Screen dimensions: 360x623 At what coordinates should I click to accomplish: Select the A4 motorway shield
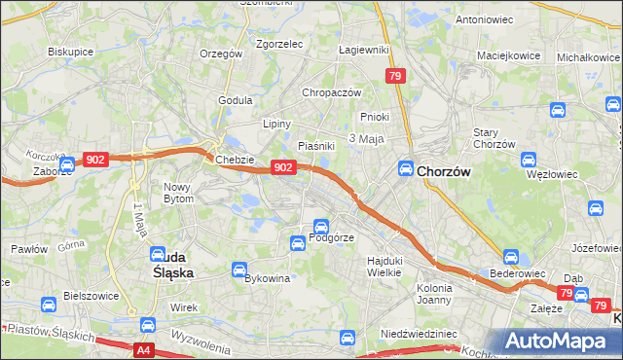[144, 348]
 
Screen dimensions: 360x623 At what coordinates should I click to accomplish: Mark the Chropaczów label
[332, 92]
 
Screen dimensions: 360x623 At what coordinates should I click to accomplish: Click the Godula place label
[236, 99]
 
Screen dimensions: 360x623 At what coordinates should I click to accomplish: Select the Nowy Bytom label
[179, 192]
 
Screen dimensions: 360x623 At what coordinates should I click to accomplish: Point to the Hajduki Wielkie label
[384, 267]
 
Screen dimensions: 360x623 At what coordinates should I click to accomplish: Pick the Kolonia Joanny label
[434, 294]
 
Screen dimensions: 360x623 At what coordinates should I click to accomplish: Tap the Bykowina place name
[268, 278]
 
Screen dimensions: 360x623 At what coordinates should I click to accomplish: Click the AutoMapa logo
[560, 341]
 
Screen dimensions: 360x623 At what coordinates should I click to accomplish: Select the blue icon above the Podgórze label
[320, 226]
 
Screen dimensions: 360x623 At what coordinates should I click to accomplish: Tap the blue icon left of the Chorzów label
[405, 168]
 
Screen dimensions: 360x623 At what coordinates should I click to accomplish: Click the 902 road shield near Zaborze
[95, 160]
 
